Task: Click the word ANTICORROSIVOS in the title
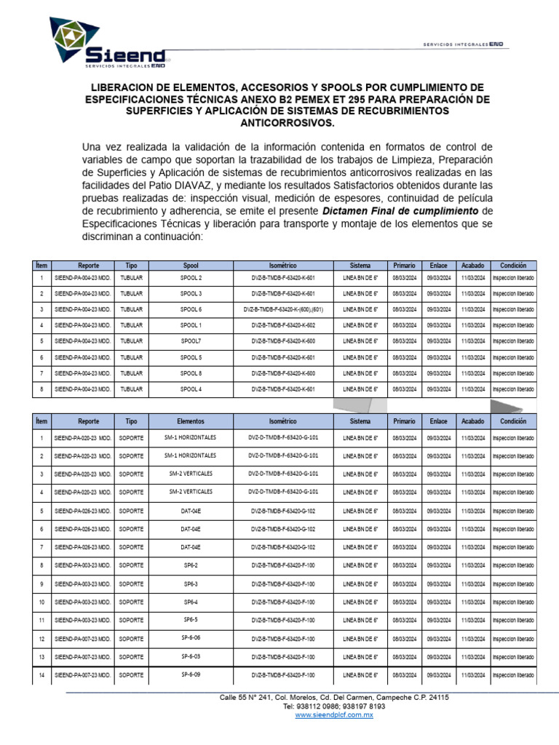pyautogui.click(x=279, y=123)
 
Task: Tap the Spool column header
pyautogui.click(x=191, y=266)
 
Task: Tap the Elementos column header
pyautogui.click(x=191, y=421)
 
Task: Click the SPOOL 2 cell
pyautogui.click(x=191, y=279)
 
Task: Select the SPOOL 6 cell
pyautogui.click(x=191, y=309)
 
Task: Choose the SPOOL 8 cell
pyautogui.click(x=191, y=373)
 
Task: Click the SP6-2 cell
pyautogui.click(x=191, y=565)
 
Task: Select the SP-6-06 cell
pyautogui.click(x=191, y=638)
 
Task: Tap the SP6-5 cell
pyautogui.click(x=191, y=620)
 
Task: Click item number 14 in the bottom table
pyautogui.click(x=41, y=675)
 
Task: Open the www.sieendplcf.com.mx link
pyautogui.click(x=334, y=716)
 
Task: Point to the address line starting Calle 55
pyautogui.click(x=334, y=697)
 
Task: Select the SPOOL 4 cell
pyautogui.click(x=191, y=389)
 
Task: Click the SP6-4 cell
pyautogui.click(x=191, y=602)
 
